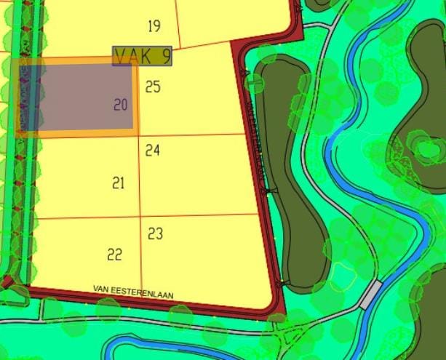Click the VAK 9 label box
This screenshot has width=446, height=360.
click(143, 56)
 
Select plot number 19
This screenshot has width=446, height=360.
click(154, 27)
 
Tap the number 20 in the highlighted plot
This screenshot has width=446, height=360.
click(120, 105)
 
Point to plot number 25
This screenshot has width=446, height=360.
click(153, 87)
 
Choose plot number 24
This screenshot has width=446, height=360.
click(152, 151)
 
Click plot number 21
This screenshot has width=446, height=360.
click(119, 183)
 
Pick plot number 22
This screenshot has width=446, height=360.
click(114, 255)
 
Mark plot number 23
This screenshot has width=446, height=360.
click(155, 234)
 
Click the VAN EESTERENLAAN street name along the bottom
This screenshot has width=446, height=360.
click(133, 291)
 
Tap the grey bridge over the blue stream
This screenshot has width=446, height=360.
click(370, 293)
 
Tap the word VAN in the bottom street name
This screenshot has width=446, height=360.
click(100, 289)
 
